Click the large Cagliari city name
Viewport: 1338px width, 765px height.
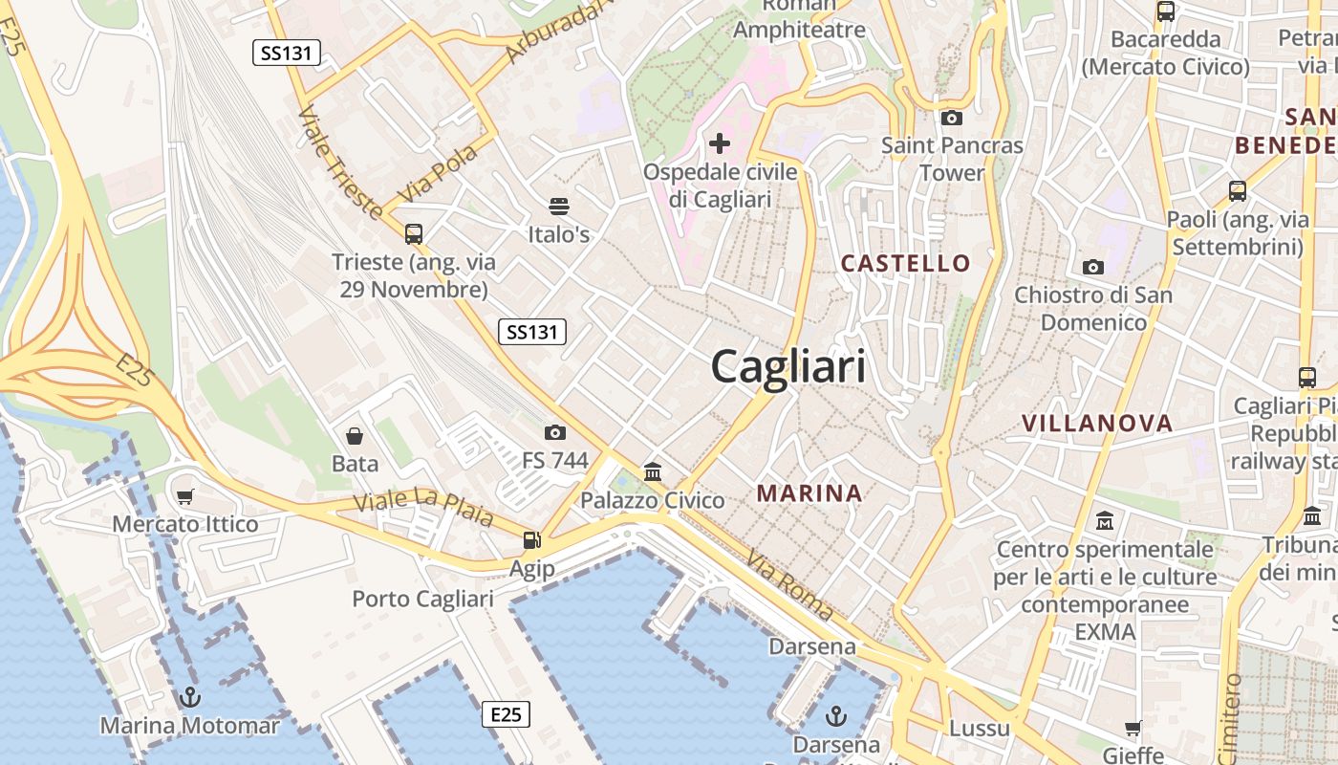[x=788, y=366]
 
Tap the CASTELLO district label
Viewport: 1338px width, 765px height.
[x=905, y=263]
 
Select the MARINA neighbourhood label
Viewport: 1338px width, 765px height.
[x=809, y=493]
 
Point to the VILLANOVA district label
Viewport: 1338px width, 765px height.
[x=1097, y=424]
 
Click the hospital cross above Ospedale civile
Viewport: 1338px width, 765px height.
[x=720, y=144]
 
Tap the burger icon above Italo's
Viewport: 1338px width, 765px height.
[x=559, y=207]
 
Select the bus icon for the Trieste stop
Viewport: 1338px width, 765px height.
[x=414, y=233]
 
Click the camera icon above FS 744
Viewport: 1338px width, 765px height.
[x=554, y=433]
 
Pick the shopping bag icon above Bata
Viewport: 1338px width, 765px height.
[x=355, y=436]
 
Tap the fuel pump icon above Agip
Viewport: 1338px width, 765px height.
[x=531, y=540]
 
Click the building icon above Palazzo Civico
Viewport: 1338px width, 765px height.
[x=653, y=471]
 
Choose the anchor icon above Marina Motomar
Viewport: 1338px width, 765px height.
[x=189, y=697]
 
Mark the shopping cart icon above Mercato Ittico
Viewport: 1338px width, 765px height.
[x=185, y=496]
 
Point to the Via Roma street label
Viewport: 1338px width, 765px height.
[x=789, y=584]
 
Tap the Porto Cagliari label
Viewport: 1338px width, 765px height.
[x=422, y=600]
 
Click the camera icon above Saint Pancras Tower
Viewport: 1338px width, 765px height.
[x=951, y=118]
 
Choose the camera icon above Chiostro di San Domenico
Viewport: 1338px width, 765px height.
[x=1093, y=267]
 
